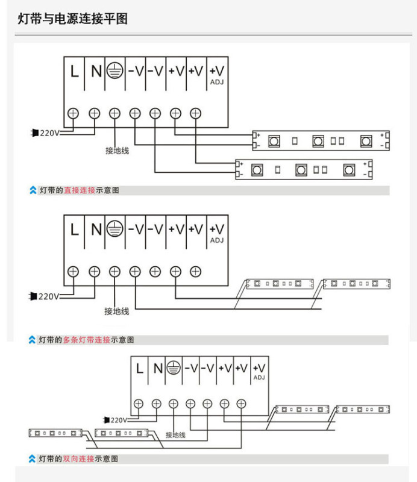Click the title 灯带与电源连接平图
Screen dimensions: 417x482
[72, 19]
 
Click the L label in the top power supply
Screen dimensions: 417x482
[74, 72]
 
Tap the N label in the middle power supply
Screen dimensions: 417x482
[96, 230]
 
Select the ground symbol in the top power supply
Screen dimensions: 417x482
[114, 70]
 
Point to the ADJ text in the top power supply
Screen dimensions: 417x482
[217, 82]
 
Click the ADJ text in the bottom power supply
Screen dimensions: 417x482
[259, 378]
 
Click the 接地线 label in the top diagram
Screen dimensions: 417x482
[117, 151]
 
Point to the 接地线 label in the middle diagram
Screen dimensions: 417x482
[116, 311]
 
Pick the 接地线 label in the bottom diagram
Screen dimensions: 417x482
[175, 435]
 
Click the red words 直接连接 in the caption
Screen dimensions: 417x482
[80, 190]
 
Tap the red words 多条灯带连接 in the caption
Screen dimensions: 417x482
[86, 340]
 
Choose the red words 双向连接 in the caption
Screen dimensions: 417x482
[78, 459]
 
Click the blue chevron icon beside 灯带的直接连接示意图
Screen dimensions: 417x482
[33, 190]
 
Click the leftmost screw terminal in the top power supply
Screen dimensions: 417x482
[73, 113]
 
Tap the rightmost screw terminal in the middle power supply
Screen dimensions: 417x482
[196, 272]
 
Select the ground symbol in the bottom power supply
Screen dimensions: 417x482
[174, 368]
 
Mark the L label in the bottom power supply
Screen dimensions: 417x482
[140, 368]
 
